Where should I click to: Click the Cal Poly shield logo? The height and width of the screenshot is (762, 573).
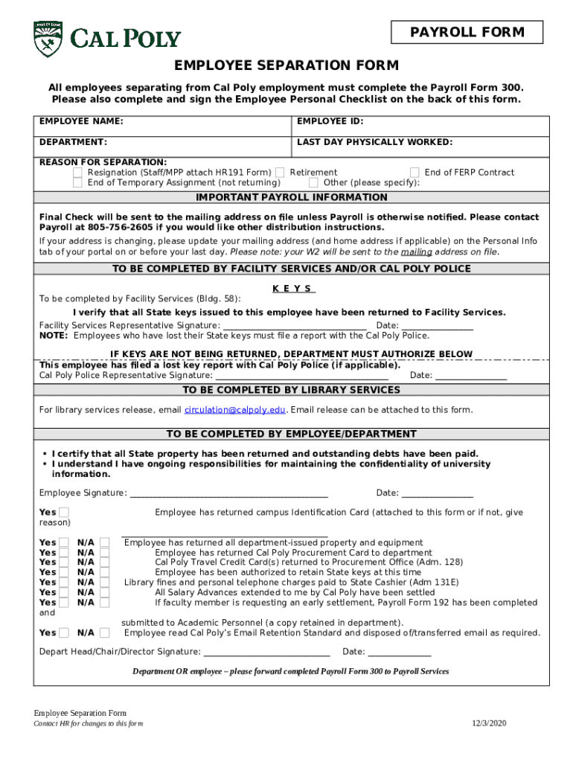click(48, 36)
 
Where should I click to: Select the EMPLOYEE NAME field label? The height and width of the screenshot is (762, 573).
click(82, 121)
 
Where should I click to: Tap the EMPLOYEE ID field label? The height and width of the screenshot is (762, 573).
click(330, 121)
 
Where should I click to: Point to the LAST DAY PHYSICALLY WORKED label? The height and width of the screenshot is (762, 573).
click(374, 142)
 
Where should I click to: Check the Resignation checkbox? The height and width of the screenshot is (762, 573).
click(77, 173)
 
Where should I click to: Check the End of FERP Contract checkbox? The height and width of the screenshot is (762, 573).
click(414, 173)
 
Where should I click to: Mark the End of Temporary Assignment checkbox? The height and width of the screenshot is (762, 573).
click(77, 183)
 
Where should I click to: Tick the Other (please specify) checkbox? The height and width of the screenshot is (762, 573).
click(314, 183)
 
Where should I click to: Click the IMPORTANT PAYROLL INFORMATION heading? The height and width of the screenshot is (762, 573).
click(291, 198)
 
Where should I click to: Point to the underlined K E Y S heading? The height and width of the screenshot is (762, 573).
click(293, 289)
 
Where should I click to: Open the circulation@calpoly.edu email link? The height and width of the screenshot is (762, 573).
click(234, 410)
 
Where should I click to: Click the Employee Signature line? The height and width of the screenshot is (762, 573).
click(228, 493)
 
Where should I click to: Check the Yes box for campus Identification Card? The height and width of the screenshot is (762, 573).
click(65, 513)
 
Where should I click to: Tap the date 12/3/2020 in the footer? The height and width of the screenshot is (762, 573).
click(488, 723)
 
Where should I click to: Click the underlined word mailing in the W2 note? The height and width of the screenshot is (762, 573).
click(416, 252)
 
